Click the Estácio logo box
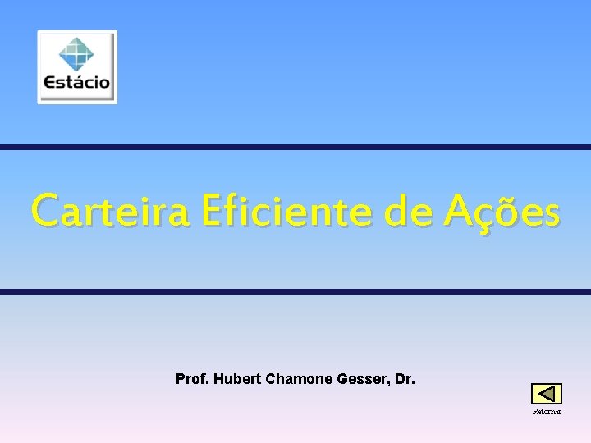click(77, 67)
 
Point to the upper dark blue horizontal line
click(295, 148)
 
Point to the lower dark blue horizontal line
click(295, 291)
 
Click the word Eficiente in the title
click(284, 211)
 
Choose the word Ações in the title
click(503, 211)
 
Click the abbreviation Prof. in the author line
click(192, 380)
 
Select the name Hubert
click(236, 380)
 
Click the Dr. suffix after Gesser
click(404, 380)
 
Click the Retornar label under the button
click(547, 412)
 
